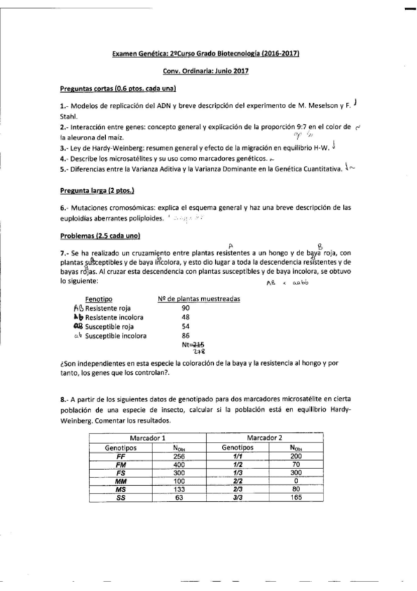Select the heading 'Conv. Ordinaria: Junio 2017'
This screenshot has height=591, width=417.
pyautogui.click(x=206, y=71)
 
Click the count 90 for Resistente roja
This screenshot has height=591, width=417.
pyautogui.click(x=185, y=307)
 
